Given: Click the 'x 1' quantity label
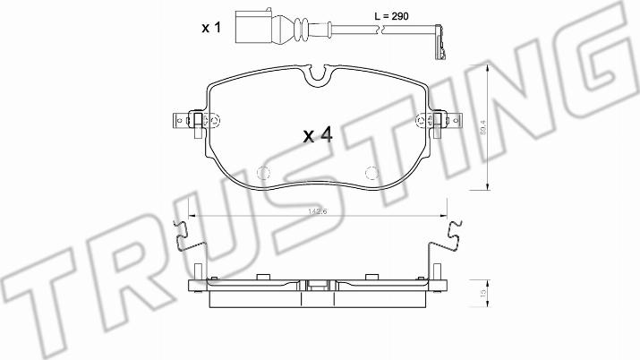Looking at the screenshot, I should [210, 29].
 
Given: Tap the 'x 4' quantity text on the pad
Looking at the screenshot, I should [318, 135].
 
